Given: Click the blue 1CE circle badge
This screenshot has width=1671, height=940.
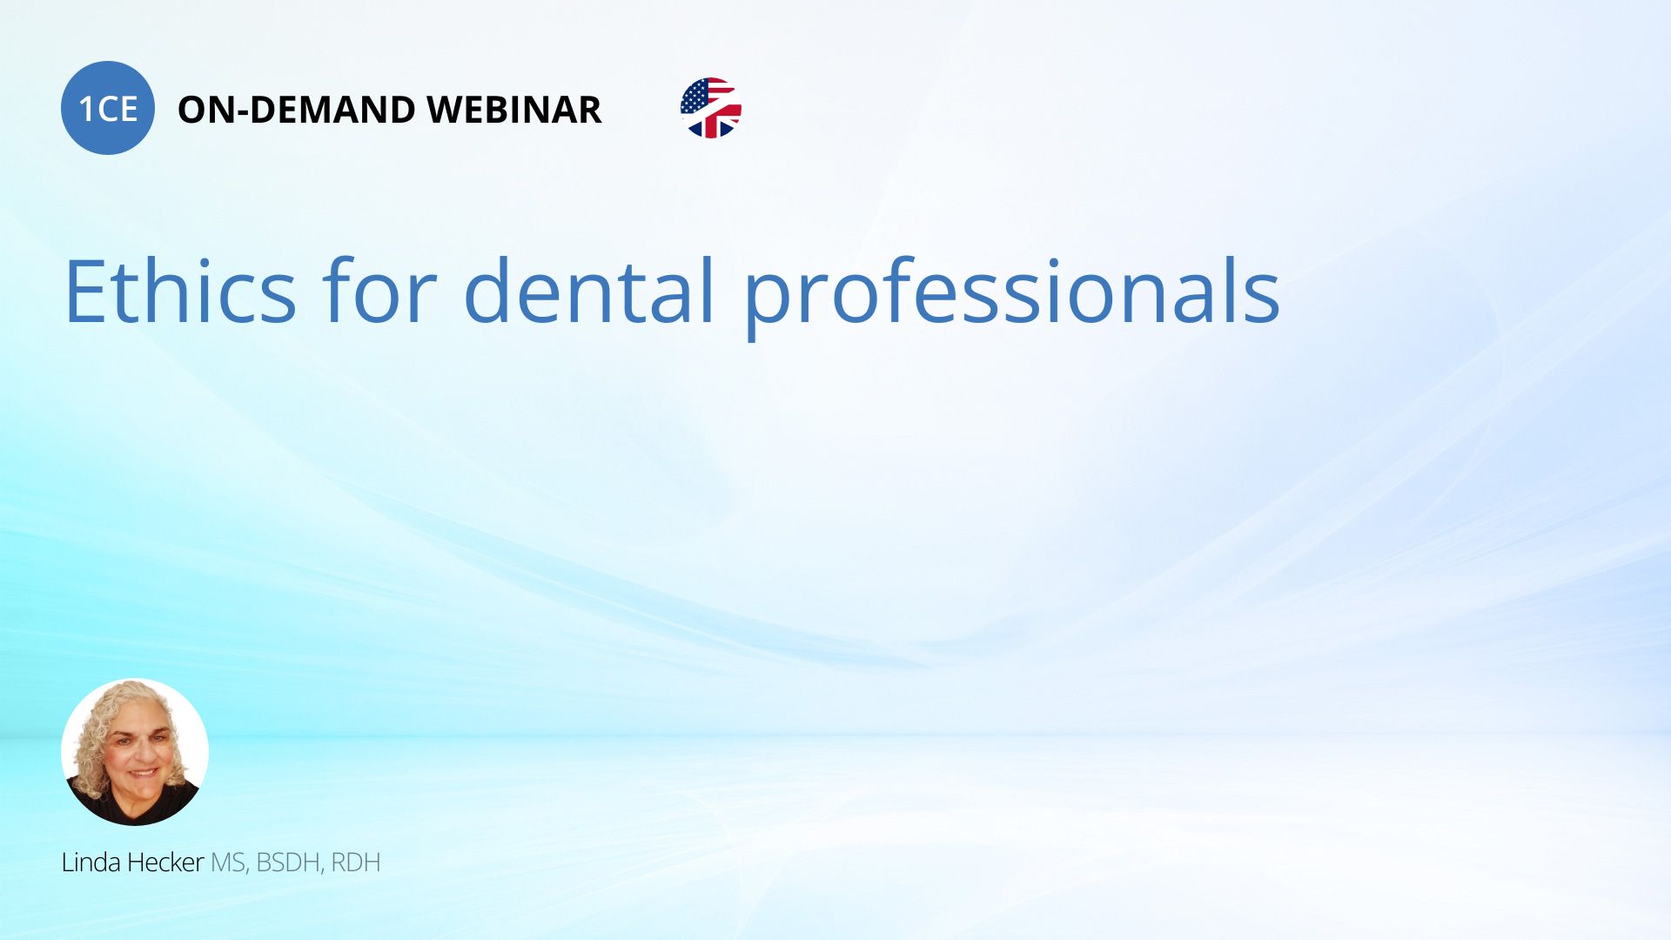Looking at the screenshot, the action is click(108, 108).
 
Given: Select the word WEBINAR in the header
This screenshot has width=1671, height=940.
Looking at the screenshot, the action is click(514, 110).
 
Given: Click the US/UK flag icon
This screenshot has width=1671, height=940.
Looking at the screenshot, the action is click(711, 108).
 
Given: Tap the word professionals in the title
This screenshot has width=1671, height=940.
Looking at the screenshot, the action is click(1012, 296).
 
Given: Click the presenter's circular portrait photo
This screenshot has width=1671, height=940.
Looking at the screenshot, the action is click(135, 752).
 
